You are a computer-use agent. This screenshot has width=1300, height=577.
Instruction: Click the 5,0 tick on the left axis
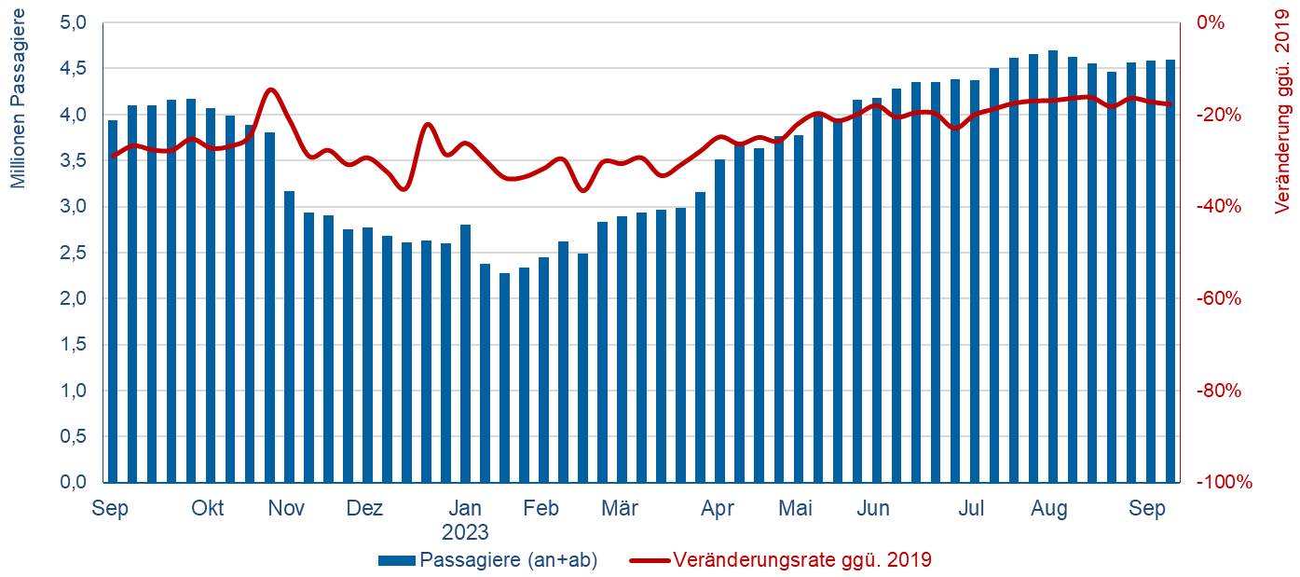[75, 22]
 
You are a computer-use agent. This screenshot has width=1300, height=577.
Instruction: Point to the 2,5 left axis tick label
[75, 253]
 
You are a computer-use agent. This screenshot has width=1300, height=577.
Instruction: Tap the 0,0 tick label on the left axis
[75, 482]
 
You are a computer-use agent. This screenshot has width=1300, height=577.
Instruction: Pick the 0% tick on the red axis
[1211, 22]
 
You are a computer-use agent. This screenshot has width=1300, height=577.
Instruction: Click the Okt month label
[208, 509]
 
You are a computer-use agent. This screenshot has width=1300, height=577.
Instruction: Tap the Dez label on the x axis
[364, 509]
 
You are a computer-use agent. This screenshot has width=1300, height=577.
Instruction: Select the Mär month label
[620, 509]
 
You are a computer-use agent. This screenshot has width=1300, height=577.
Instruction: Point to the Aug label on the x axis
[1049, 509]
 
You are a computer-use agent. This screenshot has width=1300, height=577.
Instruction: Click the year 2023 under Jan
[465, 533]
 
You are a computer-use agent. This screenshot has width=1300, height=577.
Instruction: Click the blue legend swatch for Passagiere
[397, 560]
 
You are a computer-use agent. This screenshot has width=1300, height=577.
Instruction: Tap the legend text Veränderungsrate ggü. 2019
[801, 560]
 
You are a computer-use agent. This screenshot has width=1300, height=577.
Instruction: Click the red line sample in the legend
[650, 560]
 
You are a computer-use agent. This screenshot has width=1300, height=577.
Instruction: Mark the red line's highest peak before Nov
[270, 89]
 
